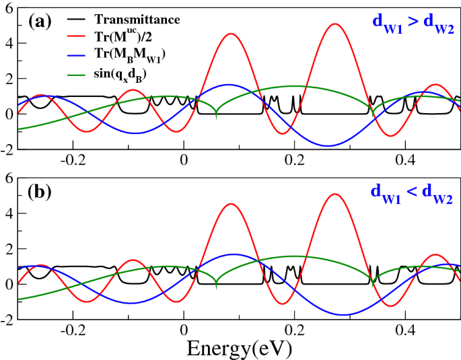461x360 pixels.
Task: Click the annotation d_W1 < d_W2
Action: pos(413,200)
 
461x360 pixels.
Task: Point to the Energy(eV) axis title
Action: pos(239,347)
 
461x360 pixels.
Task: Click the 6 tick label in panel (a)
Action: pos(7,7)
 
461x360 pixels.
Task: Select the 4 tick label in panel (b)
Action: pos(7,213)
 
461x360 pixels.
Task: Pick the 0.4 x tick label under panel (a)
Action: pos(405,159)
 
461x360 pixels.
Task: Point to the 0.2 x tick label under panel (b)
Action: pos(295,330)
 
